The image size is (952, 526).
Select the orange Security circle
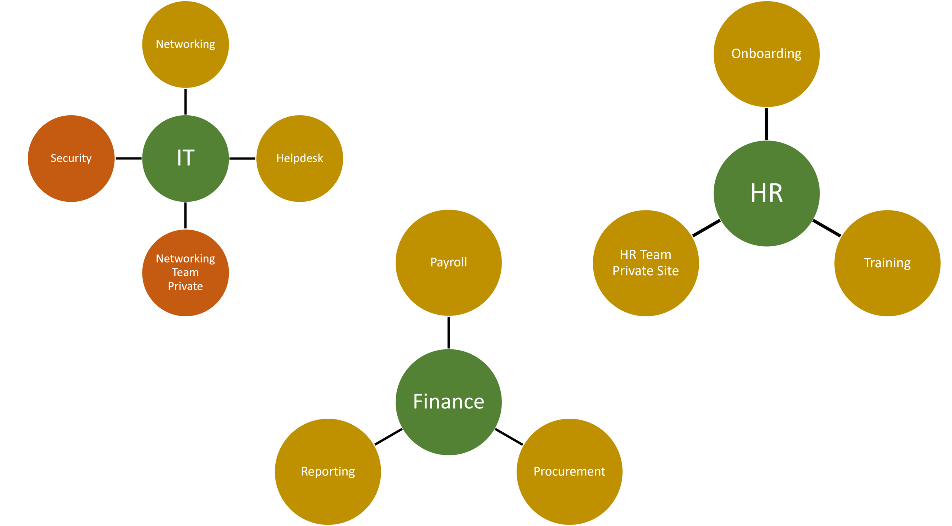tap(71, 158)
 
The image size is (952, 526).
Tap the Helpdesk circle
tap(300, 158)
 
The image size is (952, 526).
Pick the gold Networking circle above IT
tap(185, 45)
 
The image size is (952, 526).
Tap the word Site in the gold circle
tap(668, 271)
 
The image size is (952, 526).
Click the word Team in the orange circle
tap(185, 273)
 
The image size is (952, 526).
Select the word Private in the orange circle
tap(185, 286)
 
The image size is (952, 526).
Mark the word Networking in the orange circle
tap(185, 259)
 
